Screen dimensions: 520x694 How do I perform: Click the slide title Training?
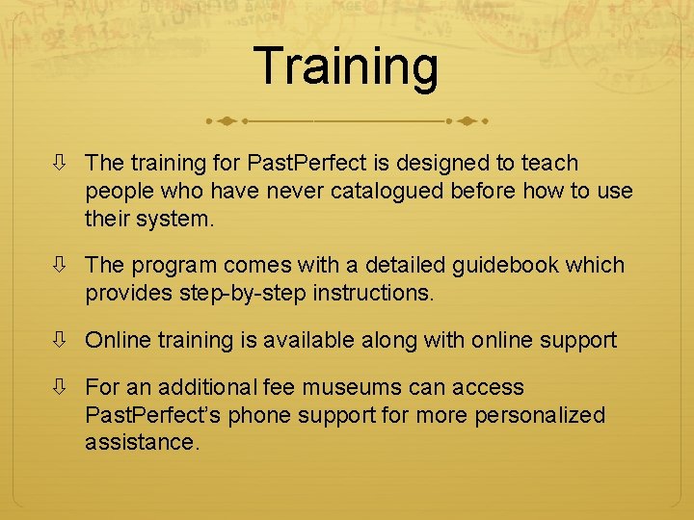pyautogui.click(x=347, y=66)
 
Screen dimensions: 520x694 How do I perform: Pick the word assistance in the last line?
pyautogui.click(x=141, y=443)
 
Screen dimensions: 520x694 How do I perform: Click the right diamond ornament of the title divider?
pyautogui.click(x=467, y=121)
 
